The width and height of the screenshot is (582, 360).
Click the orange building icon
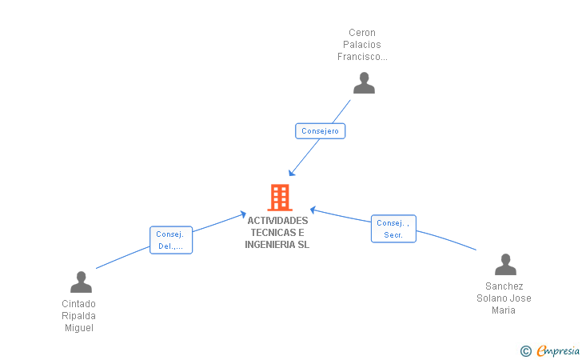point(280,198)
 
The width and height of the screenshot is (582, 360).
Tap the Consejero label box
point(320,131)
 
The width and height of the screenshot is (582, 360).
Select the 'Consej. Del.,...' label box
point(171,240)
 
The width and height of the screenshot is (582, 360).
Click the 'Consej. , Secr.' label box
point(393,229)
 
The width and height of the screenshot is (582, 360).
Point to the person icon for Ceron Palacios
point(364,83)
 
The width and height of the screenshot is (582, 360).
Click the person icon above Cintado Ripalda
point(81,282)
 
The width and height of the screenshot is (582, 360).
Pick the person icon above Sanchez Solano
point(505,265)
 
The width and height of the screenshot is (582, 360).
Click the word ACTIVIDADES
point(277,221)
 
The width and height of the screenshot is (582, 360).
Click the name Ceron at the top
point(362,33)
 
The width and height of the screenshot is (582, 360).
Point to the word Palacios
point(362,45)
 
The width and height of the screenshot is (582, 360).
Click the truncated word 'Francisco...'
point(362,57)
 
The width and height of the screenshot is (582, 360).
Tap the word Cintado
point(78,304)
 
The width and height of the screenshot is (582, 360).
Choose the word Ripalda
point(78,316)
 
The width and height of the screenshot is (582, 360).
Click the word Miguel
point(79,328)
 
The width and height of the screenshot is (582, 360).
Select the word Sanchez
point(504,286)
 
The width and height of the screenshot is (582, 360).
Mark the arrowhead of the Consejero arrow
point(292,173)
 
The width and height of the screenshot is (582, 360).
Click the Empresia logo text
point(558,350)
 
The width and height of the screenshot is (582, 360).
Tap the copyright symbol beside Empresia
point(526,351)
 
